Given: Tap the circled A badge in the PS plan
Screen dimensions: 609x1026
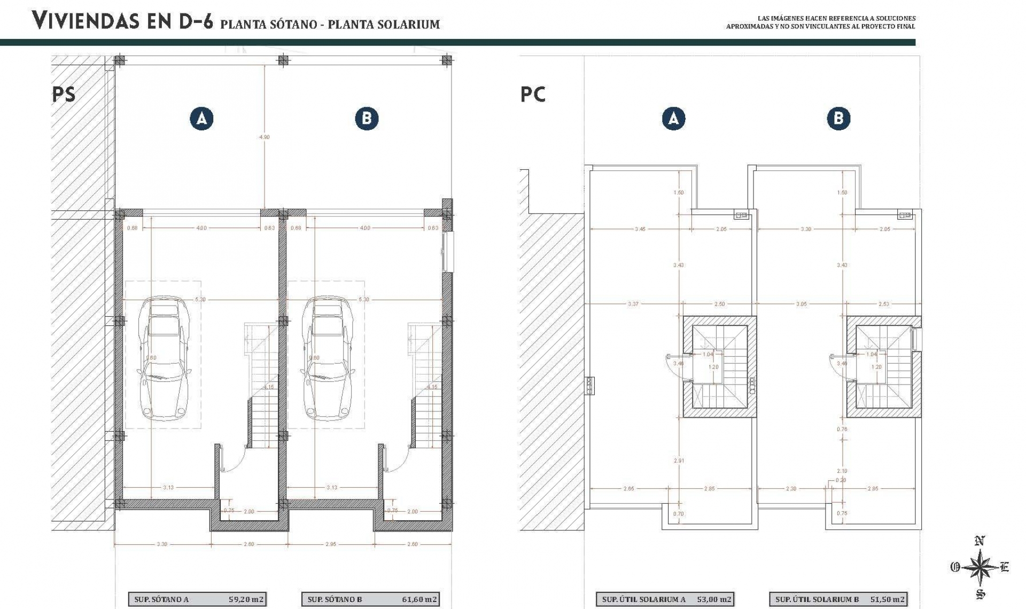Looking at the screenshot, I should tap(201, 119).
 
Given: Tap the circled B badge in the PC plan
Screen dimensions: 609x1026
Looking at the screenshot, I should tap(838, 118).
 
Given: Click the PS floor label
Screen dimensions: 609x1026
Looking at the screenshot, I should tap(64, 95).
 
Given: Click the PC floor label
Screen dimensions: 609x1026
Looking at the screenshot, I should tap(533, 95).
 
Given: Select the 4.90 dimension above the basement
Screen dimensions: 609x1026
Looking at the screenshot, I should tap(265, 137).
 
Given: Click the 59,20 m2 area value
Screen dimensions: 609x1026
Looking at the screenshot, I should tap(246, 599).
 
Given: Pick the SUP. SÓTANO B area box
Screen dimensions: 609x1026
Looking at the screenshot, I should tap(370, 599).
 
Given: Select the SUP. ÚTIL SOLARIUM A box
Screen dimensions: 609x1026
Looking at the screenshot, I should tap(665, 599).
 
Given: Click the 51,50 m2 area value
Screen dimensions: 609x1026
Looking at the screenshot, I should tap(888, 599).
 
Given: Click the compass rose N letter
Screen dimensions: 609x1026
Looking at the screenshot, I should tap(979, 541).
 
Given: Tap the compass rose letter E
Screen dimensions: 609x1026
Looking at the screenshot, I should tap(1004, 567).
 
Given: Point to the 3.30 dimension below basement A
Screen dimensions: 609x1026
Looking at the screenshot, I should tap(162, 544).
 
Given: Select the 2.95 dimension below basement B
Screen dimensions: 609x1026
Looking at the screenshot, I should tap(331, 544).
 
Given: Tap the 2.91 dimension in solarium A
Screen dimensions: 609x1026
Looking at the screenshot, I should tap(679, 460).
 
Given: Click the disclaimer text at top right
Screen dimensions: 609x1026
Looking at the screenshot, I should tap(820, 22).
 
